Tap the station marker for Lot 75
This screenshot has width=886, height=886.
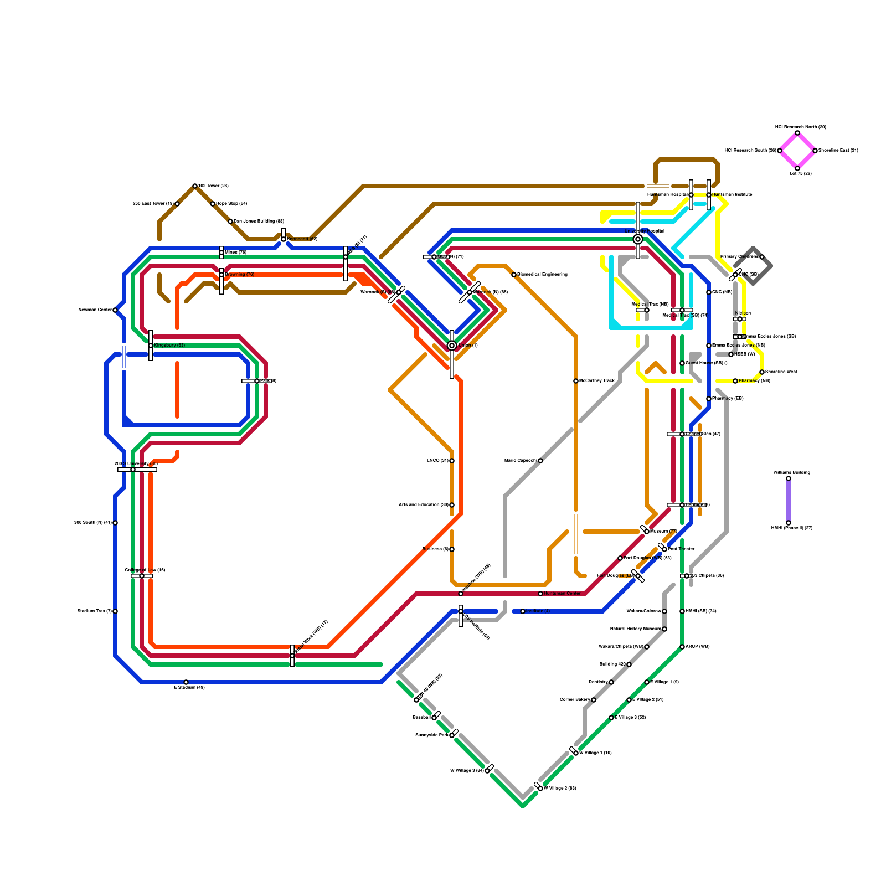coord(797,168)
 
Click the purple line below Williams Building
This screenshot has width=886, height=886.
coord(789,501)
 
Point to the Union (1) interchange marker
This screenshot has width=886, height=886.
coord(452,346)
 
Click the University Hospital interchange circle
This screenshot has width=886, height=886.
coord(638,239)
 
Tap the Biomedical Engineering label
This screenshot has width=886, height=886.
coord(542,275)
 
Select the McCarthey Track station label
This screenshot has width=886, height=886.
coord(597,381)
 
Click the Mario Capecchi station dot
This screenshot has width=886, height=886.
coord(540,461)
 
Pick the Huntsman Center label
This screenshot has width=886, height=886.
coord(562,594)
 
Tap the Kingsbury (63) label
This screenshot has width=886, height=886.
coord(169,346)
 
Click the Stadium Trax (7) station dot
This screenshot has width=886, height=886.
coord(115,611)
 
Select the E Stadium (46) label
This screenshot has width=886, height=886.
coord(189,688)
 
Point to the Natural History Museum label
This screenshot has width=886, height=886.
coord(636,629)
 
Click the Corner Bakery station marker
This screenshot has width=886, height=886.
coord(594,700)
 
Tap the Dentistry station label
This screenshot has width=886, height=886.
coord(597,682)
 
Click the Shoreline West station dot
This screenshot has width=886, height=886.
coord(762,372)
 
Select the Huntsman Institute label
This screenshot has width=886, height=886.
coord(732,195)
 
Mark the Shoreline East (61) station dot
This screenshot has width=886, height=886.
coord(815,151)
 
